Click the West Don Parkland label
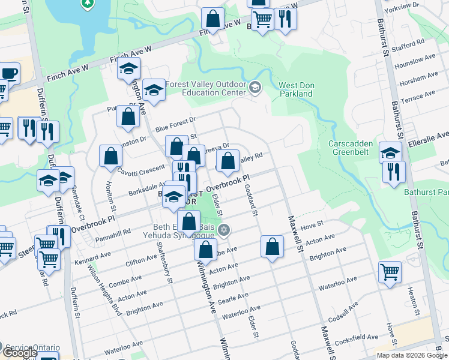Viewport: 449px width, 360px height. point(295,89)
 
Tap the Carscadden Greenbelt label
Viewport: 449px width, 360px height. point(351,148)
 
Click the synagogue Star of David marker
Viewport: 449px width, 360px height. point(224,229)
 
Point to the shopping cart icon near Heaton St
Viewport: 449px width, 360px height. point(390,272)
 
